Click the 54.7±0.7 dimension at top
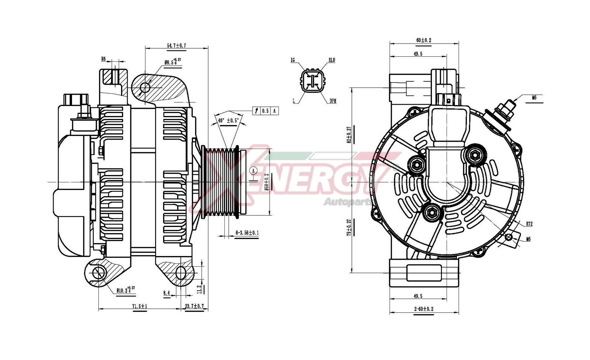(x=176, y=45)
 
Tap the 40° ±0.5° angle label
(x=228, y=121)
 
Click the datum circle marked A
(x=253, y=171)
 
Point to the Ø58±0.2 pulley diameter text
(x=266, y=182)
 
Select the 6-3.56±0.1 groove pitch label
(x=247, y=233)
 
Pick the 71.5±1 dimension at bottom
(x=139, y=306)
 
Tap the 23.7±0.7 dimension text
(x=194, y=306)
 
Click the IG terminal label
(x=292, y=60)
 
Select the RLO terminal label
(x=332, y=60)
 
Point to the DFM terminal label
(x=333, y=101)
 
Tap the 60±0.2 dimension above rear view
(x=424, y=40)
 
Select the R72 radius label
(x=529, y=224)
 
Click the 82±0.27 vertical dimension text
(x=349, y=135)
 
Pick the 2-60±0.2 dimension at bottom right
(x=424, y=309)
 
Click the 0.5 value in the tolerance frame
(x=265, y=111)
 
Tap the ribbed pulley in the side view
(x=221, y=183)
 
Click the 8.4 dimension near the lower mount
(x=166, y=293)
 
